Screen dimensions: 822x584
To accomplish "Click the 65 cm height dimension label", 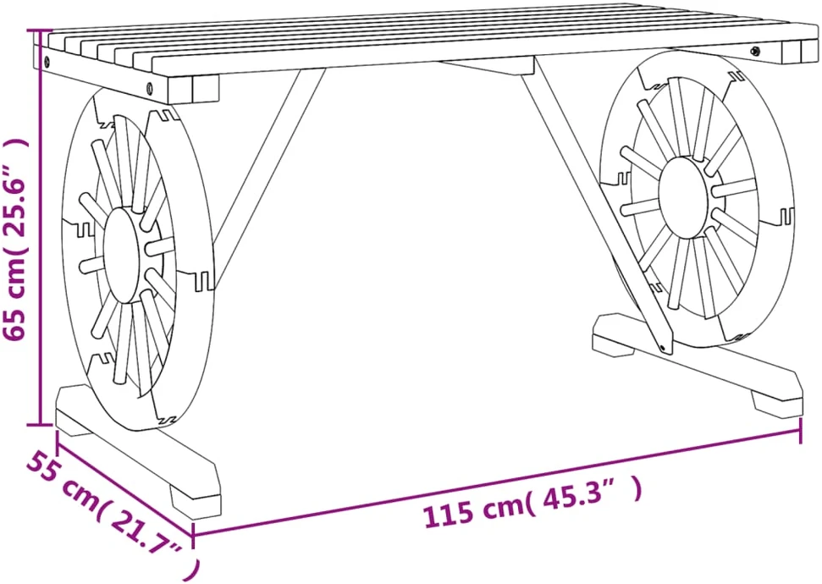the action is tap(14, 240).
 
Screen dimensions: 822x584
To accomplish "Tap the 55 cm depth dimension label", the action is tap(107, 509).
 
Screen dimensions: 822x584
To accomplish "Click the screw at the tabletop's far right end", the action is tap(755, 51).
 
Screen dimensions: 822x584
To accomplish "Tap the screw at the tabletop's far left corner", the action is tap(48, 61).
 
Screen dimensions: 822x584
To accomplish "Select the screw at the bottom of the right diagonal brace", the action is tap(664, 348).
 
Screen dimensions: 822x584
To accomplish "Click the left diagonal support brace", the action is tap(267, 179).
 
